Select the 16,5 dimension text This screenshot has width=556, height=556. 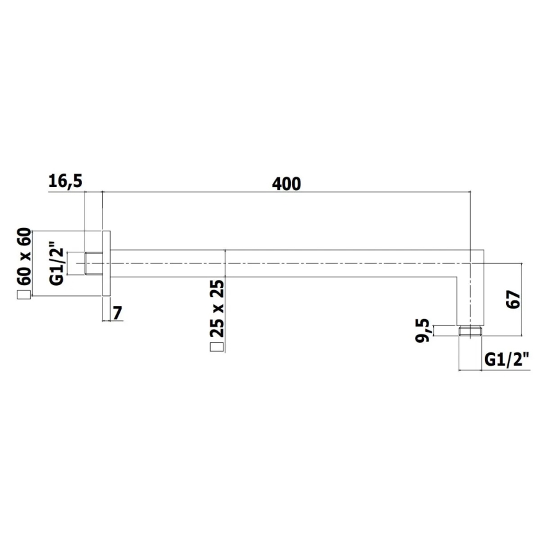click(x=65, y=182)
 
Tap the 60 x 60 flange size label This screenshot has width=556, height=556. click(x=24, y=257)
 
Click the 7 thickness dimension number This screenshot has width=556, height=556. click(x=118, y=313)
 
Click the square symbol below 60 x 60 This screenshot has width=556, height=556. click(x=24, y=295)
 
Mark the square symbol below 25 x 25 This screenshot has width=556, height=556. click(x=217, y=347)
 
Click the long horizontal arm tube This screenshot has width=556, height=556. click(x=288, y=263)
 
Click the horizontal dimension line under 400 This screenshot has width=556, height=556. click(x=286, y=192)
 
